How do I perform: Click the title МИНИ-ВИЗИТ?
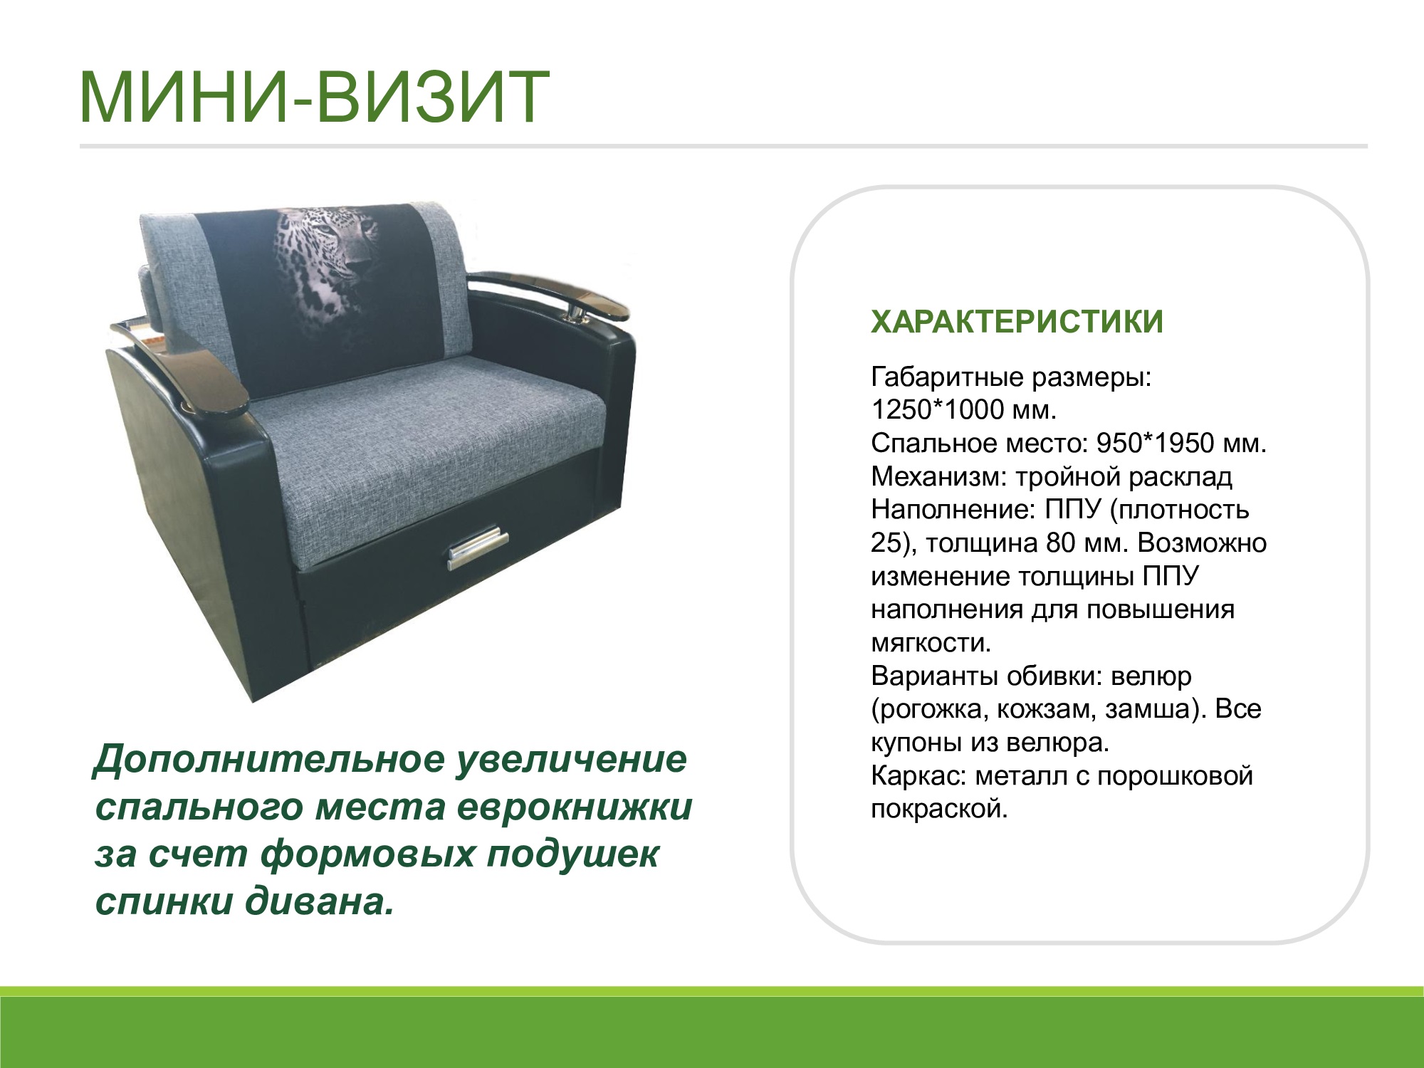pyautogui.click(x=314, y=97)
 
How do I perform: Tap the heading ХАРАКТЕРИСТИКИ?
pyautogui.click(x=1017, y=322)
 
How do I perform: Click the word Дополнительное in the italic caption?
pyautogui.click(x=270, y=760)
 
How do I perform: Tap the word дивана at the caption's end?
pyautogui.click(x=320, y=902)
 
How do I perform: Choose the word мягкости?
pyautogui.click(x=931, y=643)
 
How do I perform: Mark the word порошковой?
pyautogui.click(x=1175, y=775)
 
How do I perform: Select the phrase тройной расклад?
pyautogui.click(x=1124, y=476)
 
